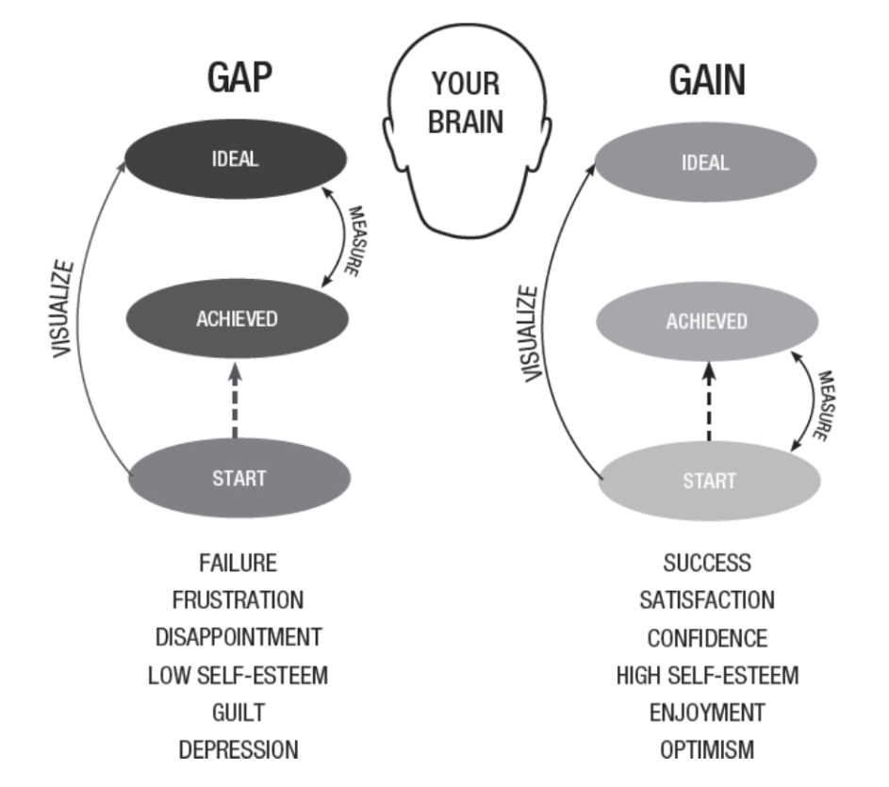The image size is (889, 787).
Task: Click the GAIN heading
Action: [x=707, y=81]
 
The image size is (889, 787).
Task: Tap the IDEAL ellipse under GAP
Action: [x=236, y=159]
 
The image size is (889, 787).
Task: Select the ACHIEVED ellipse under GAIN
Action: [x=707, y=320]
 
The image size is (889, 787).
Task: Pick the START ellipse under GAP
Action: [x=239, y=477]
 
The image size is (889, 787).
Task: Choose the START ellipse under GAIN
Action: [x=709, y=481]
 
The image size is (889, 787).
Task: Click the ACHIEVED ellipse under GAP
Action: [x=237, y=318]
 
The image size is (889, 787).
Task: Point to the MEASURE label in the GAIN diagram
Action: [x=822, y=405]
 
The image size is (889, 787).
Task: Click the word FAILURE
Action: [x=238, y=563]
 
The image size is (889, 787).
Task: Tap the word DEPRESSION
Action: [x=238, y=750]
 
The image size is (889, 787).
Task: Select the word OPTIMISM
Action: [x=707, y=750]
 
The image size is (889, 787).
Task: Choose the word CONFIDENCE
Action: [x=707, y=638]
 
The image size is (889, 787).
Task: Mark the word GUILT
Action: [x=238, y=713]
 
